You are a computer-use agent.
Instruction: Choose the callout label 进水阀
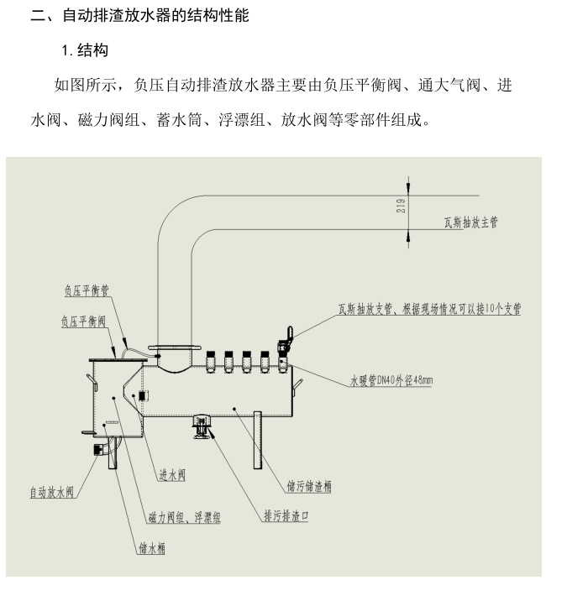point(172,474)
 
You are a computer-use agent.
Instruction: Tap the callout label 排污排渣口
point(286,517)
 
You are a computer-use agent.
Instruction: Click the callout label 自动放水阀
point(52,492)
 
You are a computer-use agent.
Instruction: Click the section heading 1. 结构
point(85,51)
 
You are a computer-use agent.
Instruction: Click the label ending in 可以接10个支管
point(428,309)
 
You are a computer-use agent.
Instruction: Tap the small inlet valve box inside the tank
point(143,395)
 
